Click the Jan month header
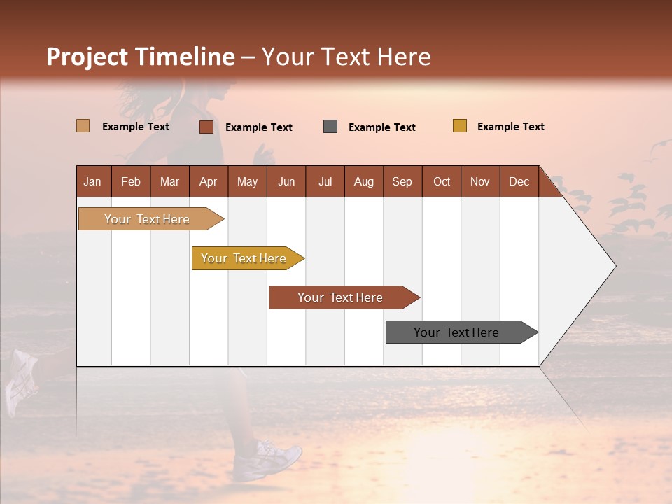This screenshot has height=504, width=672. [x=92, y=181]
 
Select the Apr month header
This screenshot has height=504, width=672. [x=209, y=181]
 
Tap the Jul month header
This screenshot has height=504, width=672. [x=325, y=181]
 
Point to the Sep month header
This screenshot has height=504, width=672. [x=402, y=181]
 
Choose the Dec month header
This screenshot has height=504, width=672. [x=519, y=181]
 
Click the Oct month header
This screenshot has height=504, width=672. [x=442, y=181]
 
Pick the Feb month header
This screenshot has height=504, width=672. [x=131, y=181]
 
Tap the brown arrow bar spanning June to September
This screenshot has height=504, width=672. [x=341, y=297]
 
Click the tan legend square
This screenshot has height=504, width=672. [x=83, y=126]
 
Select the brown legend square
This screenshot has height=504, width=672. [x=206, y=127]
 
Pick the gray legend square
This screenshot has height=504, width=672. [x=330, y=127]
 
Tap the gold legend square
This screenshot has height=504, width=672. [x=459, y=126]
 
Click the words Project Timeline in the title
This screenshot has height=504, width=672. [x=141, y=57]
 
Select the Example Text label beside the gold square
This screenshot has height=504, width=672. [x=510, y=127]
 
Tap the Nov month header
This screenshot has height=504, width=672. [x=480, y=181]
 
